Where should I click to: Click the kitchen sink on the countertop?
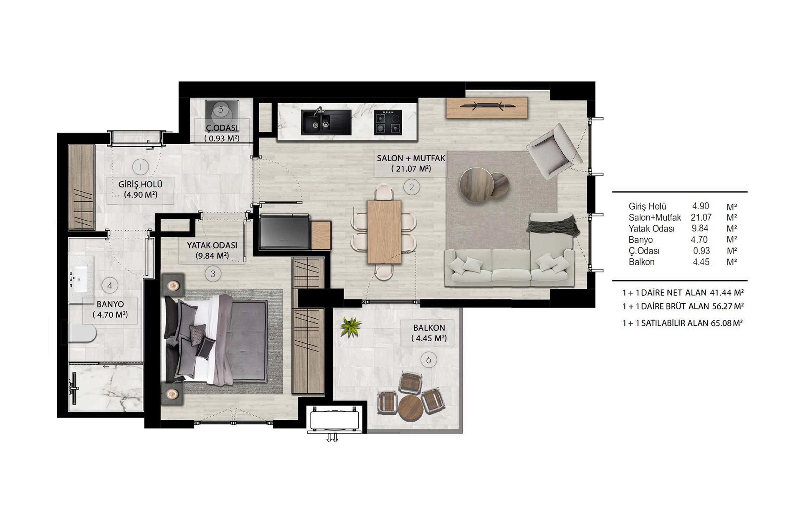point(326,121)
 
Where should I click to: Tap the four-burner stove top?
point(388,122)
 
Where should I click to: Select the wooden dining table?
point(384,232)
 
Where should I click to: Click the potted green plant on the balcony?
point(350,326)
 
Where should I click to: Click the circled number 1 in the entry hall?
point(140,167)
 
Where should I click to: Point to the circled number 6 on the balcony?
point(428,359)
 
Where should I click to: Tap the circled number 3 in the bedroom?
point(213,274)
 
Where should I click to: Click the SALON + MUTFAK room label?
point(411,159)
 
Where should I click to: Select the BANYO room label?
point(110,305)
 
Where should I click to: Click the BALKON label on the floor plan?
point(429,328)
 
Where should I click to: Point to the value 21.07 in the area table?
point(701,217)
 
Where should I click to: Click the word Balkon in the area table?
point(641,262)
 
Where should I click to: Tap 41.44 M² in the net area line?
point(727,293)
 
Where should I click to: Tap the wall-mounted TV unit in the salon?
point(487,107)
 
